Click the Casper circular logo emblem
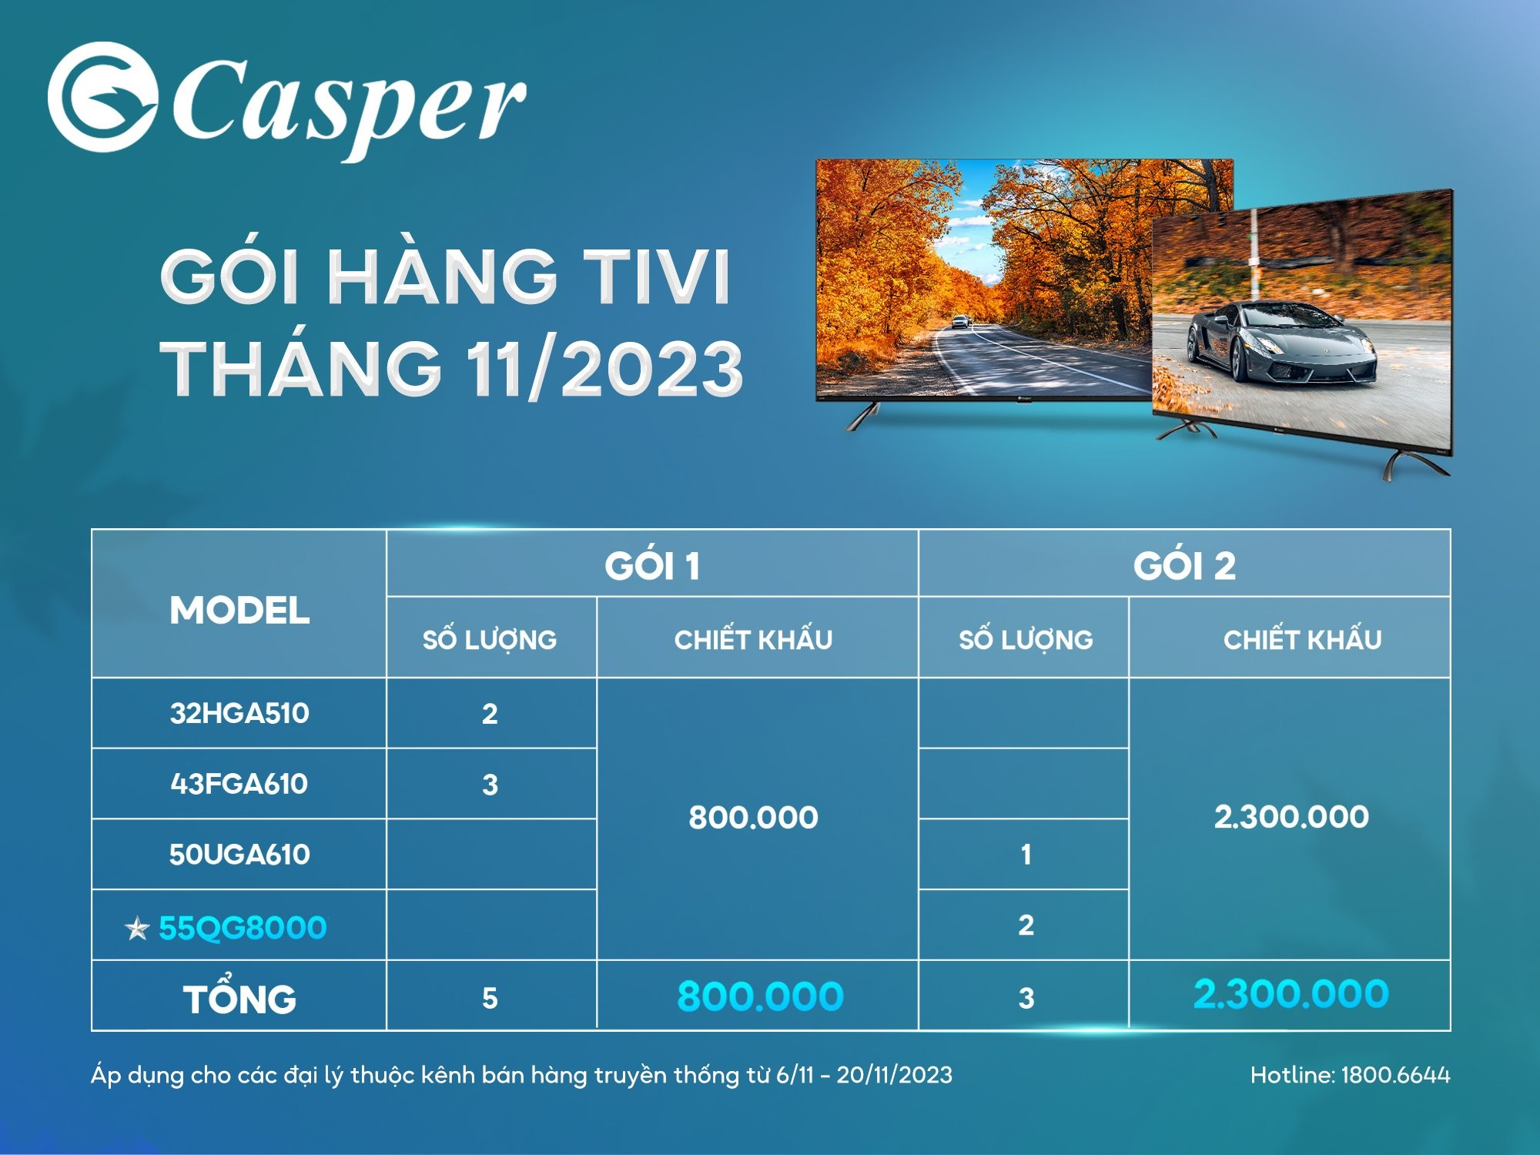[x=102, y=97]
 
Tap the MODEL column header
[x=239, y=611]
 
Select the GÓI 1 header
[x=652, y=566]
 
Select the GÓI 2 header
[x=1184, y=566]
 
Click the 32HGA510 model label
[x=239, y=713]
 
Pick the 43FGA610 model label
[x=239, y=784]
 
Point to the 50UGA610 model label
[x=239, y=855]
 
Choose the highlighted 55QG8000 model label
[x=243, y=928]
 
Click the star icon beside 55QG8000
[x=137, y=929]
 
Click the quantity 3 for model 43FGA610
[x=490, y=785]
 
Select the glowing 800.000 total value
[x=760, y=996]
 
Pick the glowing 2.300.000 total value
[x=1291, y=994]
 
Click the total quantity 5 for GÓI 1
[x=490, y=999]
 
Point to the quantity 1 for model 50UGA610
[x=1026, y=855]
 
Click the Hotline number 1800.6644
[x=1395, y=1075]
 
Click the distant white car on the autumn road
[x=960, y=322]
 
